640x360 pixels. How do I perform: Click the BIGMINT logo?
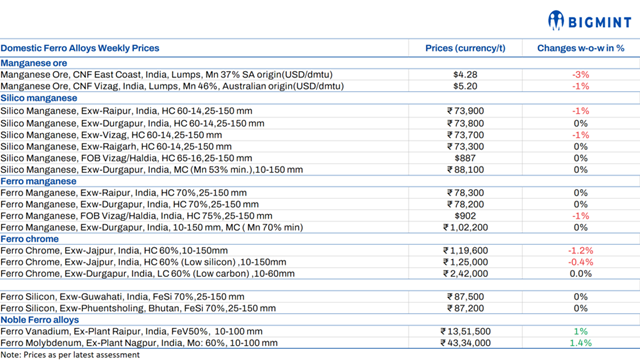(590, 21)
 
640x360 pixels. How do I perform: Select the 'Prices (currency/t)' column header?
(465, 48)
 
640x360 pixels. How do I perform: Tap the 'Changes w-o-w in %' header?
(580, 48)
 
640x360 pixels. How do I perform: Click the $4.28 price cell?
(465, 75)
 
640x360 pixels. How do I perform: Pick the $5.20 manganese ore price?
(465, 86)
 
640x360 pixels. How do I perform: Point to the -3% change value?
(580, 75)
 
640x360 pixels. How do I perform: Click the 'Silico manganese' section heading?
(39, 98)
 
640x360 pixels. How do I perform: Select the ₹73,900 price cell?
(465, 111)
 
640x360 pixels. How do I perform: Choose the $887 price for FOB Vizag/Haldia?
(465, 158)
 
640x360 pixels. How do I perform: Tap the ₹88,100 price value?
(465, 169)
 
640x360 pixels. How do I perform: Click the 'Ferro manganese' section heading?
(38, 181)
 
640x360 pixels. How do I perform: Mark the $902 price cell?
(465, 216)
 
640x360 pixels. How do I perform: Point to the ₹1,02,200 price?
(465, 227)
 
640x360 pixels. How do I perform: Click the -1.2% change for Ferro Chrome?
(580, 251)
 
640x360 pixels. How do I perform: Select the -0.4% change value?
(580, 262)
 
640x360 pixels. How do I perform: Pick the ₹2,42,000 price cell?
(465, 273)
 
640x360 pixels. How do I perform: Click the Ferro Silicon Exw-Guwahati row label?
(122, 297)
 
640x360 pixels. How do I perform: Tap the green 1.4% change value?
(580, 343)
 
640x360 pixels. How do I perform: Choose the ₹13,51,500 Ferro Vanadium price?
(465, 331)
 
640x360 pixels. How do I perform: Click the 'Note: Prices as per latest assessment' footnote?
(70, 355)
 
